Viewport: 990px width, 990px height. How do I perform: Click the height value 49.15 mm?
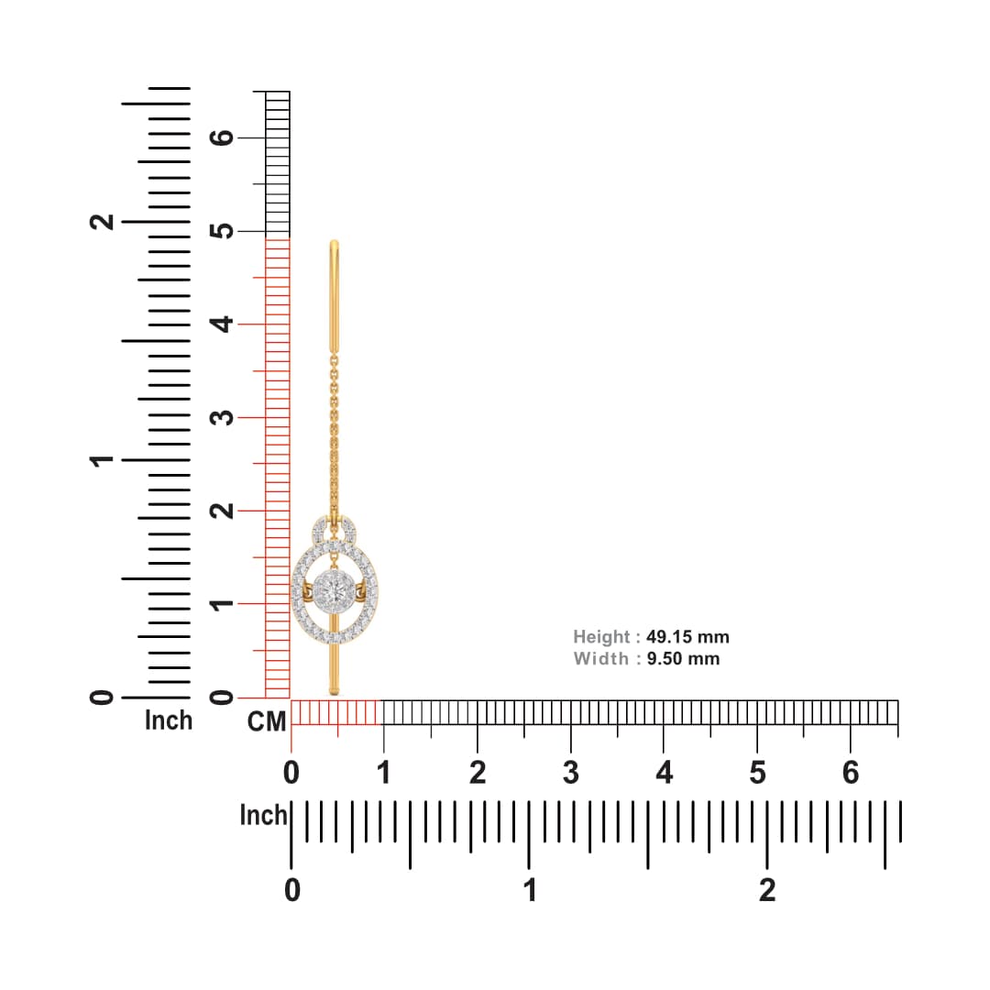[687, 636]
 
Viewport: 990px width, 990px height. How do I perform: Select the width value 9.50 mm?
[683, 658]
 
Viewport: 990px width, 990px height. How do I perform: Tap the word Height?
[601, 637]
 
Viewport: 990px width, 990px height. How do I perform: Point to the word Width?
[601, 658]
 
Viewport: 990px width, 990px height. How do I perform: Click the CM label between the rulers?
[267, 721]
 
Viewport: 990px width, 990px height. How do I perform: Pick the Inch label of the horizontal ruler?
[263, 815]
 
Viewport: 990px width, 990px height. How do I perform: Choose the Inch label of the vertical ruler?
[169, 720]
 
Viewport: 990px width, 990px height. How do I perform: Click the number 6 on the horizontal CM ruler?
[851, 773]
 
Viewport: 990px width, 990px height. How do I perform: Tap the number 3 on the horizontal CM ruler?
[571, 773]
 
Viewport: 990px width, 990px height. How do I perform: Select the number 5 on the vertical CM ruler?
[222, 231]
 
